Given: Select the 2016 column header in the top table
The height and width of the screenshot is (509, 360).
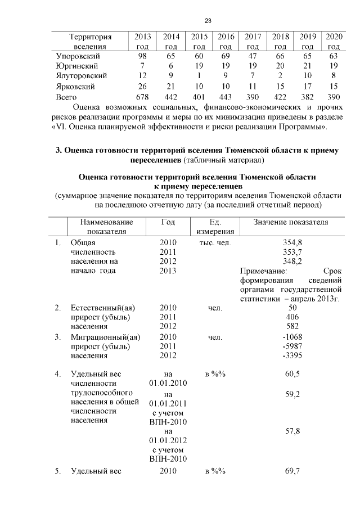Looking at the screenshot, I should pyautogui.click(x=226, y=41).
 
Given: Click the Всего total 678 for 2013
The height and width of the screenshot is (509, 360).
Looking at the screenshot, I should pyautogui.click(x=142, y=97).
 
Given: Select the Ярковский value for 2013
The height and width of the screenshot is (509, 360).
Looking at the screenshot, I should pyautogui.click(x=142, y=87).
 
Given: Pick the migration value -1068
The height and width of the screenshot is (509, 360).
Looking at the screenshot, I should pyautogui.click(x=292, y=337).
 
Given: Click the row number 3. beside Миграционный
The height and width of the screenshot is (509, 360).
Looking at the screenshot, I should pyautogui.click(x=58, y=337).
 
